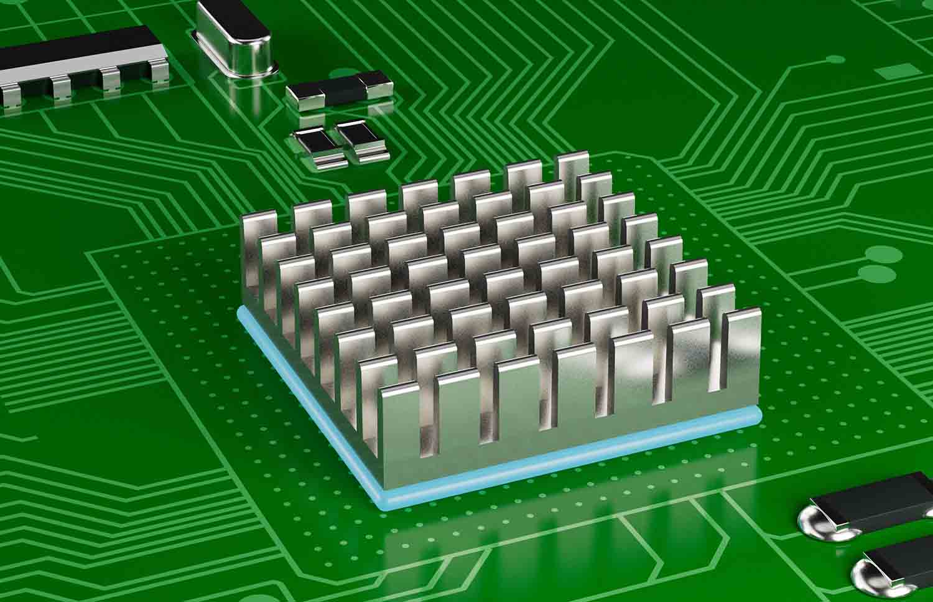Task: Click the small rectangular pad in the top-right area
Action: pos(890,73)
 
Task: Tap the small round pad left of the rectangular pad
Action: pos(834,60)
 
